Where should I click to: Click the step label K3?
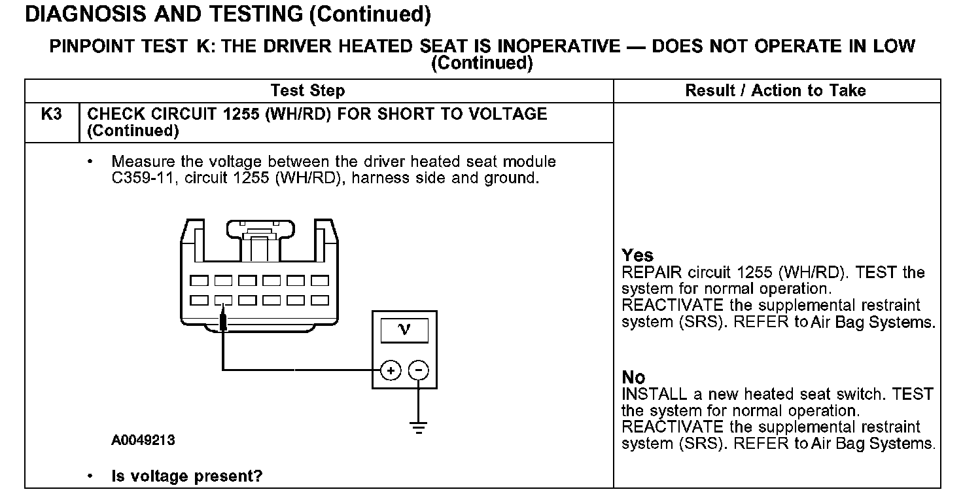click(51, 114)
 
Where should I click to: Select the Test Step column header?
click(307, 91)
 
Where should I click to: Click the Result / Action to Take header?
click(775, 91)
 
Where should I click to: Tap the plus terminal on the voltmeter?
click(391, 371)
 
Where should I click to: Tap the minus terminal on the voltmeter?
click(418, 371)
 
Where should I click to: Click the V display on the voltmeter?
click(404, 330)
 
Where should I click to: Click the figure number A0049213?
click(143, 440)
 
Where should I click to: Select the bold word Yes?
click(637, 255)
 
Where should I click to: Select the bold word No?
click(633, 378)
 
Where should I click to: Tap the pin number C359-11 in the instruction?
click(143, 178)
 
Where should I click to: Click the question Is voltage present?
click(186, 476)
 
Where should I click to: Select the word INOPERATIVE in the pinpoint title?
click(557, 46)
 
